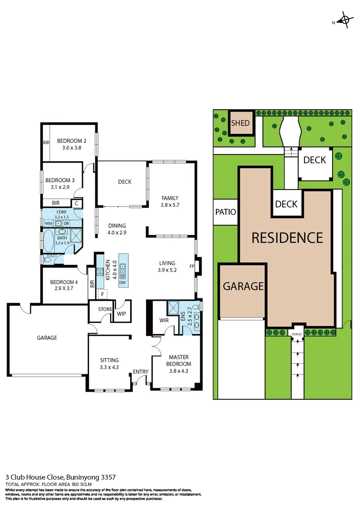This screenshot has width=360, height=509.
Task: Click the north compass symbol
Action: coord(345,21)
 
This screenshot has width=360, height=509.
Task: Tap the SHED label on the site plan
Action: coord(240,123)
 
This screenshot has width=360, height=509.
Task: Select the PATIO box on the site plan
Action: coord(225,212)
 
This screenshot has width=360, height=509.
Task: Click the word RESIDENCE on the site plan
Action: coord(287,238)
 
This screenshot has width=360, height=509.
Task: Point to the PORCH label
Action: coord(296,334)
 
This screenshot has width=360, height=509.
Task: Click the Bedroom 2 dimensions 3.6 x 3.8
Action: coord(72,148)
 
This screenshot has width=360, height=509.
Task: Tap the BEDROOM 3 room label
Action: coord(60,180)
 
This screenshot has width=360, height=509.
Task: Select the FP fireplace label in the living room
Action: coord(192,266)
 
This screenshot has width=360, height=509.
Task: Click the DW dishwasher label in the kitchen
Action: coord(123,283)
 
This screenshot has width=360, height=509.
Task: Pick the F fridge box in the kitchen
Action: coord(101,294)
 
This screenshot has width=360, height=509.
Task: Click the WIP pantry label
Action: coord(121,314)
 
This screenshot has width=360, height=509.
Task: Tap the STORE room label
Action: coord(105,310)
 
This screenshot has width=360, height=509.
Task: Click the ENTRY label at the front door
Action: coord(140,372)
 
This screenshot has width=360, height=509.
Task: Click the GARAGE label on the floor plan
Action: coord(47,338)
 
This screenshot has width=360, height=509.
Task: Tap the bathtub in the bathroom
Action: coord(48,241)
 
